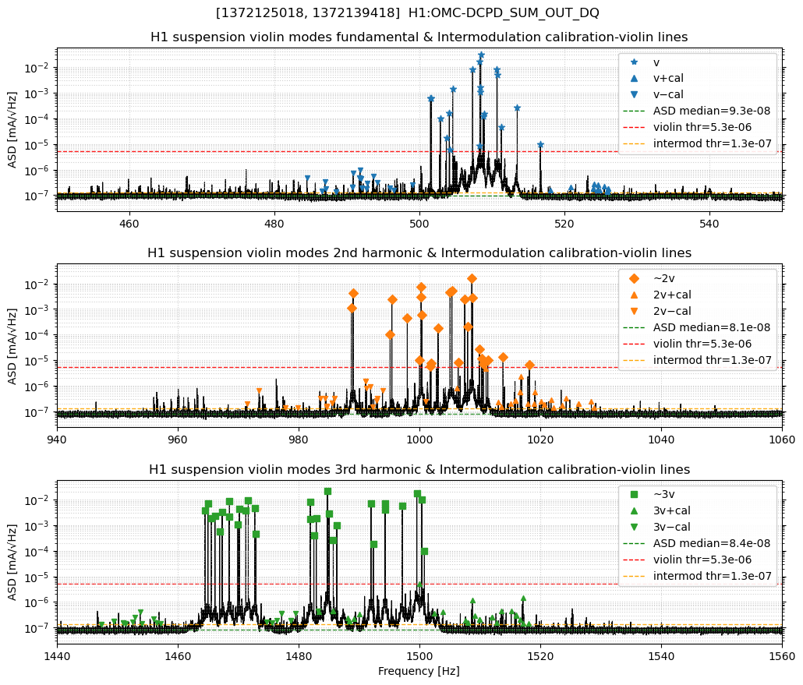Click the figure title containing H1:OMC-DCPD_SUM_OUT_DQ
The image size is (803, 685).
pos(407,12)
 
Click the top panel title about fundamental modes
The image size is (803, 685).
pos(419,37)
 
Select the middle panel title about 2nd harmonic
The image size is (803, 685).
pos(419,253)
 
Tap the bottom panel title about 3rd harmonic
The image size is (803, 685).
pos(419,469)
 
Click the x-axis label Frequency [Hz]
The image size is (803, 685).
pos(419,671)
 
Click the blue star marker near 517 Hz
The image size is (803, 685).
pos(540,145)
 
